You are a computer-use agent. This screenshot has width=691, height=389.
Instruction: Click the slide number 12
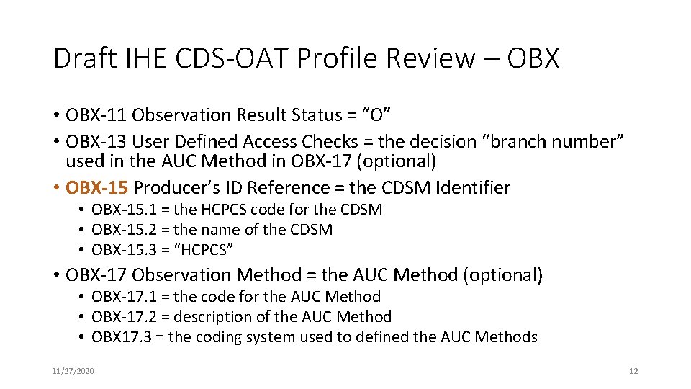point(633,371)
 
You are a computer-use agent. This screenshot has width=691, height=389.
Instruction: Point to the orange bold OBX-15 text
point(96,188)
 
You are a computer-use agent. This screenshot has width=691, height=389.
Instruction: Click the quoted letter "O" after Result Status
point(376,115)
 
